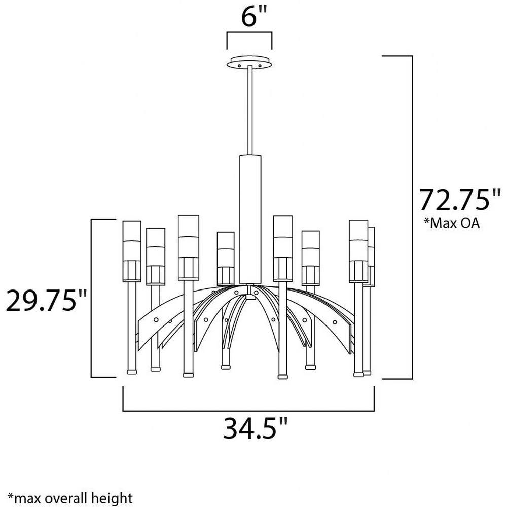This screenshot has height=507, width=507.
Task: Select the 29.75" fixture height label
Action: (47, 300)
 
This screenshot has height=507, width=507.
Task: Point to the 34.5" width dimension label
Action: (256, 428)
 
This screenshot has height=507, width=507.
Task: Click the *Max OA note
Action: (452, 223)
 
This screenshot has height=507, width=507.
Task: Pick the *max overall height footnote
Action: (70, 498)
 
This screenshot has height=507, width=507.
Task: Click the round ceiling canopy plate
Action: (249, 62)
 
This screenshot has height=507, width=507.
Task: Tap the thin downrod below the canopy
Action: (250, 110)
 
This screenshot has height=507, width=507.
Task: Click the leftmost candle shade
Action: (132, 251)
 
